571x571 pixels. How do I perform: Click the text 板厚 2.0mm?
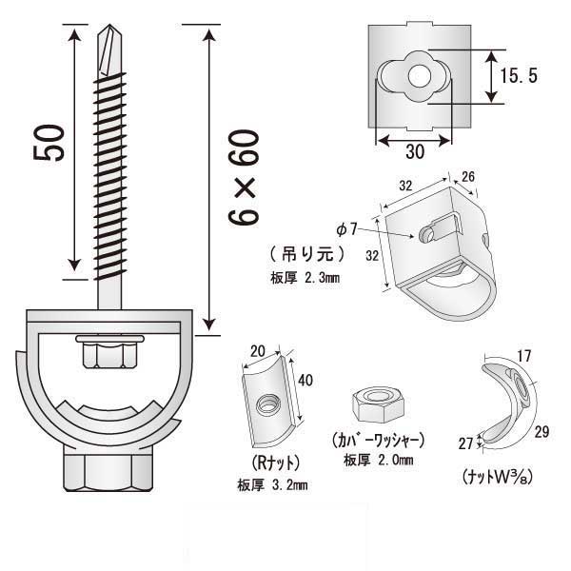378,461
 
